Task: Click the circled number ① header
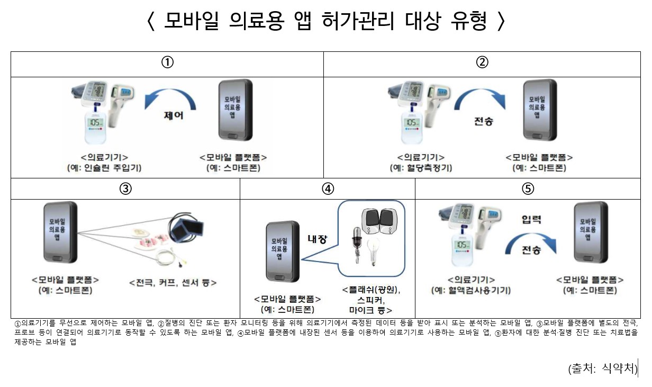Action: click(x=167, y=62)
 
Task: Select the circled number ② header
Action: click(x=482, y=62)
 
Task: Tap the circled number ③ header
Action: click(x=125, y=189)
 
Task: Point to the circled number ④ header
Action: click(x=328, y=189)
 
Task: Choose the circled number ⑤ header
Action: click(x=528, y=189)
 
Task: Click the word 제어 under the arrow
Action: click(x=174, y=115)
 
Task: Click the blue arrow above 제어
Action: click(x=170, y=95)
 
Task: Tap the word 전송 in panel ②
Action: click(x=484, y=121)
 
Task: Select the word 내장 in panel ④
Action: click(x=318, y=239)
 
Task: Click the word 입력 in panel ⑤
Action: click(x=531, y=219)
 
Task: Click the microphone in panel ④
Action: click(x=357, y=245)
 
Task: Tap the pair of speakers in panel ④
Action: click(x=379, y=221)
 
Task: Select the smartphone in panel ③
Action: click(x=60, y=232)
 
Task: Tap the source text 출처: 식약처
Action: click(x=603, y=368)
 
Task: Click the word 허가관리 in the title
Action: click(x=358, y=21)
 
